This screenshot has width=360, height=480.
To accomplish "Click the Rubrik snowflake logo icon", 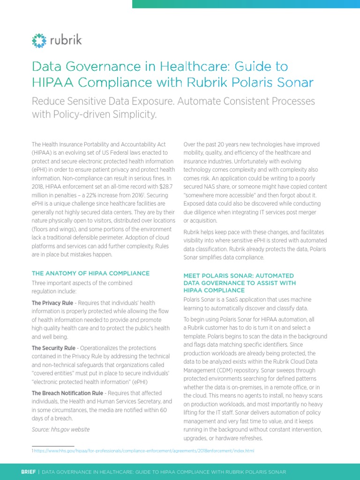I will (x=40, y=40).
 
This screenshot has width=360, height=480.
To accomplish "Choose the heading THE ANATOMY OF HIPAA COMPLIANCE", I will (x=90, y=273).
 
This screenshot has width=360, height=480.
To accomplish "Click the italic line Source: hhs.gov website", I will (x=60, y=429).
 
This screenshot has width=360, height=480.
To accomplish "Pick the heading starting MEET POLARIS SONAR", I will (x=239, y=276).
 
